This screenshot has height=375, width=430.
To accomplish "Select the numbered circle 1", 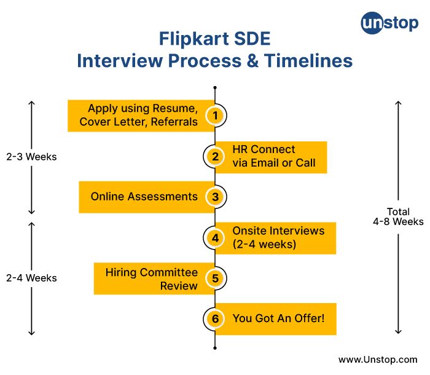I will point(215,115).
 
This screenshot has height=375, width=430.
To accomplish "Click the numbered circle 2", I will point(215,156).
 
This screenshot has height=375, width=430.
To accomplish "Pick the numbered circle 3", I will point(215,197).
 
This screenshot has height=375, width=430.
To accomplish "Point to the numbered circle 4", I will point(215,237).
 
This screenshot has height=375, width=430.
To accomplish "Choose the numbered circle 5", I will point(215,278).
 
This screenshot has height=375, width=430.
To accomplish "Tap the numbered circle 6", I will point(215,318).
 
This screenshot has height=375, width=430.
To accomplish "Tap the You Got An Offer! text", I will point(278,318).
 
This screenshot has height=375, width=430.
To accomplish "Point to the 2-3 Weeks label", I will point(31,157).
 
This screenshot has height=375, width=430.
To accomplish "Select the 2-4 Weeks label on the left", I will point(31,278).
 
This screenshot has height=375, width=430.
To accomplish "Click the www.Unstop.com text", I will point(378,359).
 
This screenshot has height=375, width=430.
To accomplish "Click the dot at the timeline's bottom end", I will point(215,347).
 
